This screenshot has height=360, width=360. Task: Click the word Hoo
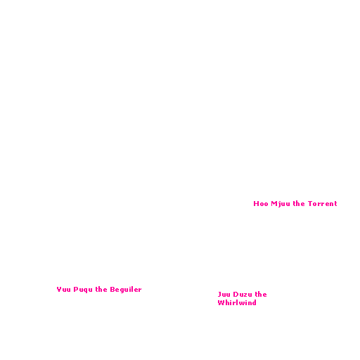[261, 203]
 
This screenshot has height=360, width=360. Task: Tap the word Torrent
[322, 203]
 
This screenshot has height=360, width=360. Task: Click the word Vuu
[63, 289]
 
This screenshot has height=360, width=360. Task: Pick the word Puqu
[83, 290]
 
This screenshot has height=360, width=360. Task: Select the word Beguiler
[126, 290]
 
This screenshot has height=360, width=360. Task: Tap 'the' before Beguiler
[101, 289]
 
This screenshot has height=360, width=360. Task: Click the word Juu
[224, 294]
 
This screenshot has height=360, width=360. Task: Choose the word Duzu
[243, 294]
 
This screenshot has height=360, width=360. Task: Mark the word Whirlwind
[237, 302]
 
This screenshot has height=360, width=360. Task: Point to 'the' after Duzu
[261, 294]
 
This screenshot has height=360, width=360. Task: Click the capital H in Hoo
[256, 203]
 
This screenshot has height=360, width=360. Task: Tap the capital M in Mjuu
[274, 203]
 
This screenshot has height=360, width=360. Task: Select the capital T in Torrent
[310, 203]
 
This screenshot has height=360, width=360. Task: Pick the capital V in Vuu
[59, 289]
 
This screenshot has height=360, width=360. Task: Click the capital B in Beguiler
[112, 289]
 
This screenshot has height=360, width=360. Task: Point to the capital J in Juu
[219, 294]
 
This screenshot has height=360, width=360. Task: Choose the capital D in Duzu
[236, 294]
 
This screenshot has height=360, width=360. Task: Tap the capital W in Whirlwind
[221, 302]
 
